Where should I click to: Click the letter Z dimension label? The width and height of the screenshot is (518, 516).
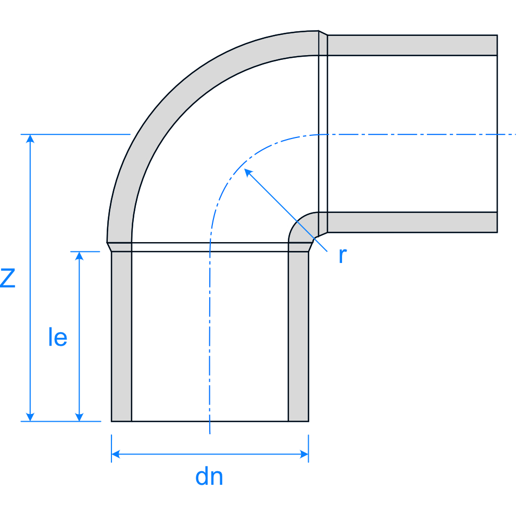pos(7,278)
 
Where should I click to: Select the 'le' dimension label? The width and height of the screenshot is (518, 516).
pos(57,338)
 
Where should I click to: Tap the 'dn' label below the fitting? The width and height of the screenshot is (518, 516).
pos(209,476)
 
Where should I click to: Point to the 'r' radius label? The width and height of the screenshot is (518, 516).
pos(342,256)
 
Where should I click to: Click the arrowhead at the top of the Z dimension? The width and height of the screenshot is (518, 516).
pos(31,139)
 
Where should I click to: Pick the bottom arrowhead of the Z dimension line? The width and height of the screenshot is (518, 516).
pos(31,417)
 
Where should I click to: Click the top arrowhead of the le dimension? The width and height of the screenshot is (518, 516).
pos(79,256)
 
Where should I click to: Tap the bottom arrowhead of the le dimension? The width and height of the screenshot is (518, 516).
pos(79,417)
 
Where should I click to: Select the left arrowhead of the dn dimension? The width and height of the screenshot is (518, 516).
pos(116,455)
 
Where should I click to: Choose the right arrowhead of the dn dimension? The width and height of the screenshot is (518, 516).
pos(304,455)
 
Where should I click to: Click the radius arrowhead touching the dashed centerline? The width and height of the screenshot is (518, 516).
pos(248,172)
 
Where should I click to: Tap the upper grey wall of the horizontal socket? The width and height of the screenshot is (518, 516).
pos(411,45)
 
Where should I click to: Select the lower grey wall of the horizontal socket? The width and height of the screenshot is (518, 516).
pos(411,222)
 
